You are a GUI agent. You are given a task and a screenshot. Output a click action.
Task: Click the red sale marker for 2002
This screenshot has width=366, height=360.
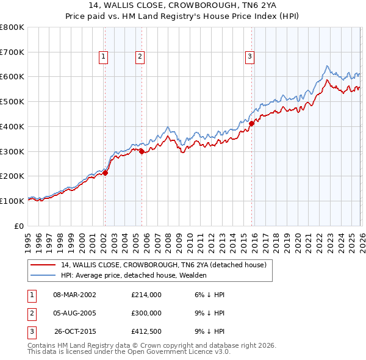click(105, 173)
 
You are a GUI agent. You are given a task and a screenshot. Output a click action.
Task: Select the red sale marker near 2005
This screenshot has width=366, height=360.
click(142, 151)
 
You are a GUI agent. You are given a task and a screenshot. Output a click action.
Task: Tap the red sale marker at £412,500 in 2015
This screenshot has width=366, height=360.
click(251, 123)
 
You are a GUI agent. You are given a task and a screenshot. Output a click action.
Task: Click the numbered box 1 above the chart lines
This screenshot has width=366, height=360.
click(104, 57)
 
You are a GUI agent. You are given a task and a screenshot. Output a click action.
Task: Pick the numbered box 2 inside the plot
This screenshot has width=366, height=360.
click(140, 57)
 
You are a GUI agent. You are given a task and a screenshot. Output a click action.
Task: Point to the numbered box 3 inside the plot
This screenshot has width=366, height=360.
click(250, 57)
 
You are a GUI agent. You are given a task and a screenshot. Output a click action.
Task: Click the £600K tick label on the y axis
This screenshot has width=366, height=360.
click(12, 77)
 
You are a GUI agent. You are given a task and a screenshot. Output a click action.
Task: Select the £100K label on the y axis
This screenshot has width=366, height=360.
click(12, 201)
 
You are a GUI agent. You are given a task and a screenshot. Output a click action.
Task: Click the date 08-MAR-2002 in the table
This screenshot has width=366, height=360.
click(74, 295)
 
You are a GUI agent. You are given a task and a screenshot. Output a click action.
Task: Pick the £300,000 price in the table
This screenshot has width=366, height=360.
click(146, 313)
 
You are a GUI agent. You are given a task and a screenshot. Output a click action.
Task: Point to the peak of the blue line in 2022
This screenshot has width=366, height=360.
click(328, 66)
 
